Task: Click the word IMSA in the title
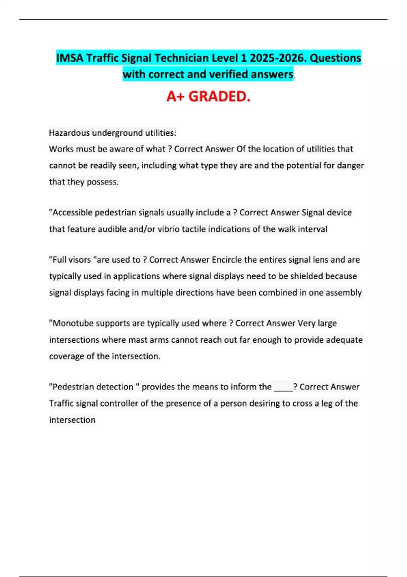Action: (x=70, y=58)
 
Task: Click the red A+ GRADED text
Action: (x=208, y=96)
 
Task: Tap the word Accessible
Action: (x=72, y=212)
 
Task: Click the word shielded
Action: (x=306, y=276)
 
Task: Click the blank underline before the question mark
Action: (x=283, y=388)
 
